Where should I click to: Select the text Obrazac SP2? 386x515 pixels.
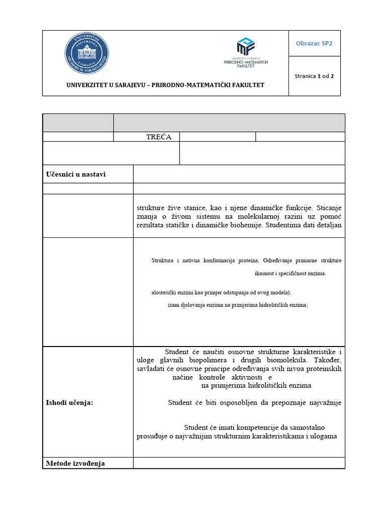[x=316, y=43]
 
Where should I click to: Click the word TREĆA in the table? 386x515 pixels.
[x=158, y=137]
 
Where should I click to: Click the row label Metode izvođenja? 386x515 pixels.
[x=75, y=463]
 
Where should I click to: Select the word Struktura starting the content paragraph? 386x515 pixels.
[x=162, y=261]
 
